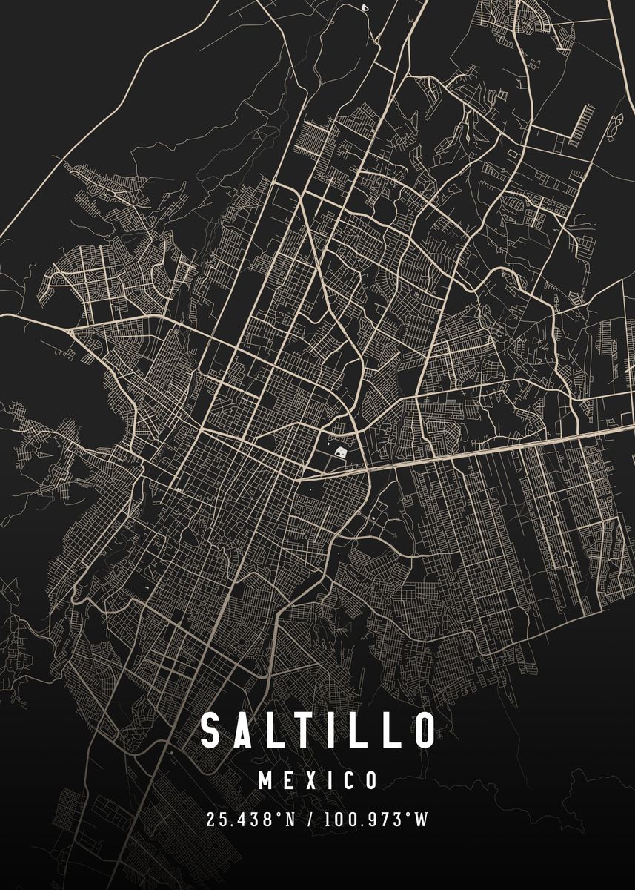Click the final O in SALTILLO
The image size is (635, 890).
[x=424, y=731]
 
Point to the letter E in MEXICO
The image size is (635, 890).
[x=293, y=780]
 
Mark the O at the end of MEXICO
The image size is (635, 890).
[x=370, y=780]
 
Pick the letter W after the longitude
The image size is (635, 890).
[x=422, y=820]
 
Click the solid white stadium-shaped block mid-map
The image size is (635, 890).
[x=339, y=450]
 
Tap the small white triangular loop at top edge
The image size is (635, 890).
[x=365, y=7]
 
